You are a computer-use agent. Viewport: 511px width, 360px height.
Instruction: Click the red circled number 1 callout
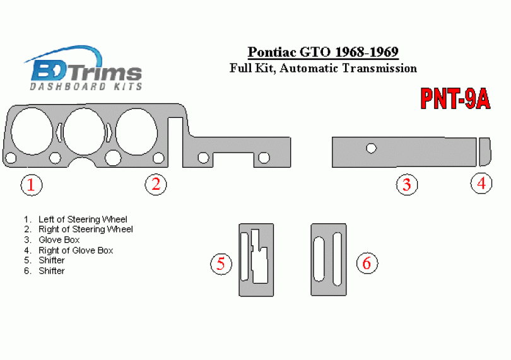[32, 185]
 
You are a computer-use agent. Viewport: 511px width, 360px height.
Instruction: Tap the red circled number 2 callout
[156, 184]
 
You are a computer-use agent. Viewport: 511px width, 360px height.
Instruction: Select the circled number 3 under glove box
[407, 185]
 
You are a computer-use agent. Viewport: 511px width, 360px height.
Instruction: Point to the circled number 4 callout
[481, 183]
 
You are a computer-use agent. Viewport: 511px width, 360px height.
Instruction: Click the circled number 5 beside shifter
[221, 264]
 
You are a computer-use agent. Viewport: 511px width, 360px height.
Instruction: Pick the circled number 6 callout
[367, 263]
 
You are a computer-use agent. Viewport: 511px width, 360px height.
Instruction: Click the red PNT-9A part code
[455, 99]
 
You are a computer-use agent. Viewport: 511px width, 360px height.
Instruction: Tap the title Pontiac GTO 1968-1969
[323, 52]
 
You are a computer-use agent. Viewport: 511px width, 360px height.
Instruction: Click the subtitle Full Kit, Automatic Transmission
[323, 69]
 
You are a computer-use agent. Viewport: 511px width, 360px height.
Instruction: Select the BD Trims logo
[83, 68]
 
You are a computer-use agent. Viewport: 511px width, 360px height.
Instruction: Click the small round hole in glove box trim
[371, 148]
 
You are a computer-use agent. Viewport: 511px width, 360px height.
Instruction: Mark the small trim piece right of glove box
[485, 152]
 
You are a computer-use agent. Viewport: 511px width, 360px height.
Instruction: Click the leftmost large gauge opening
[32, 131]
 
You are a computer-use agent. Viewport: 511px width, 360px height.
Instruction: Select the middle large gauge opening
[84, 132]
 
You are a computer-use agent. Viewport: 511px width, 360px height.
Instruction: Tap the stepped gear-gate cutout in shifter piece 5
[259, 256]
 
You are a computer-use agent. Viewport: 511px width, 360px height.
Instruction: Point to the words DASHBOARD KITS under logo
[86, 86]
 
